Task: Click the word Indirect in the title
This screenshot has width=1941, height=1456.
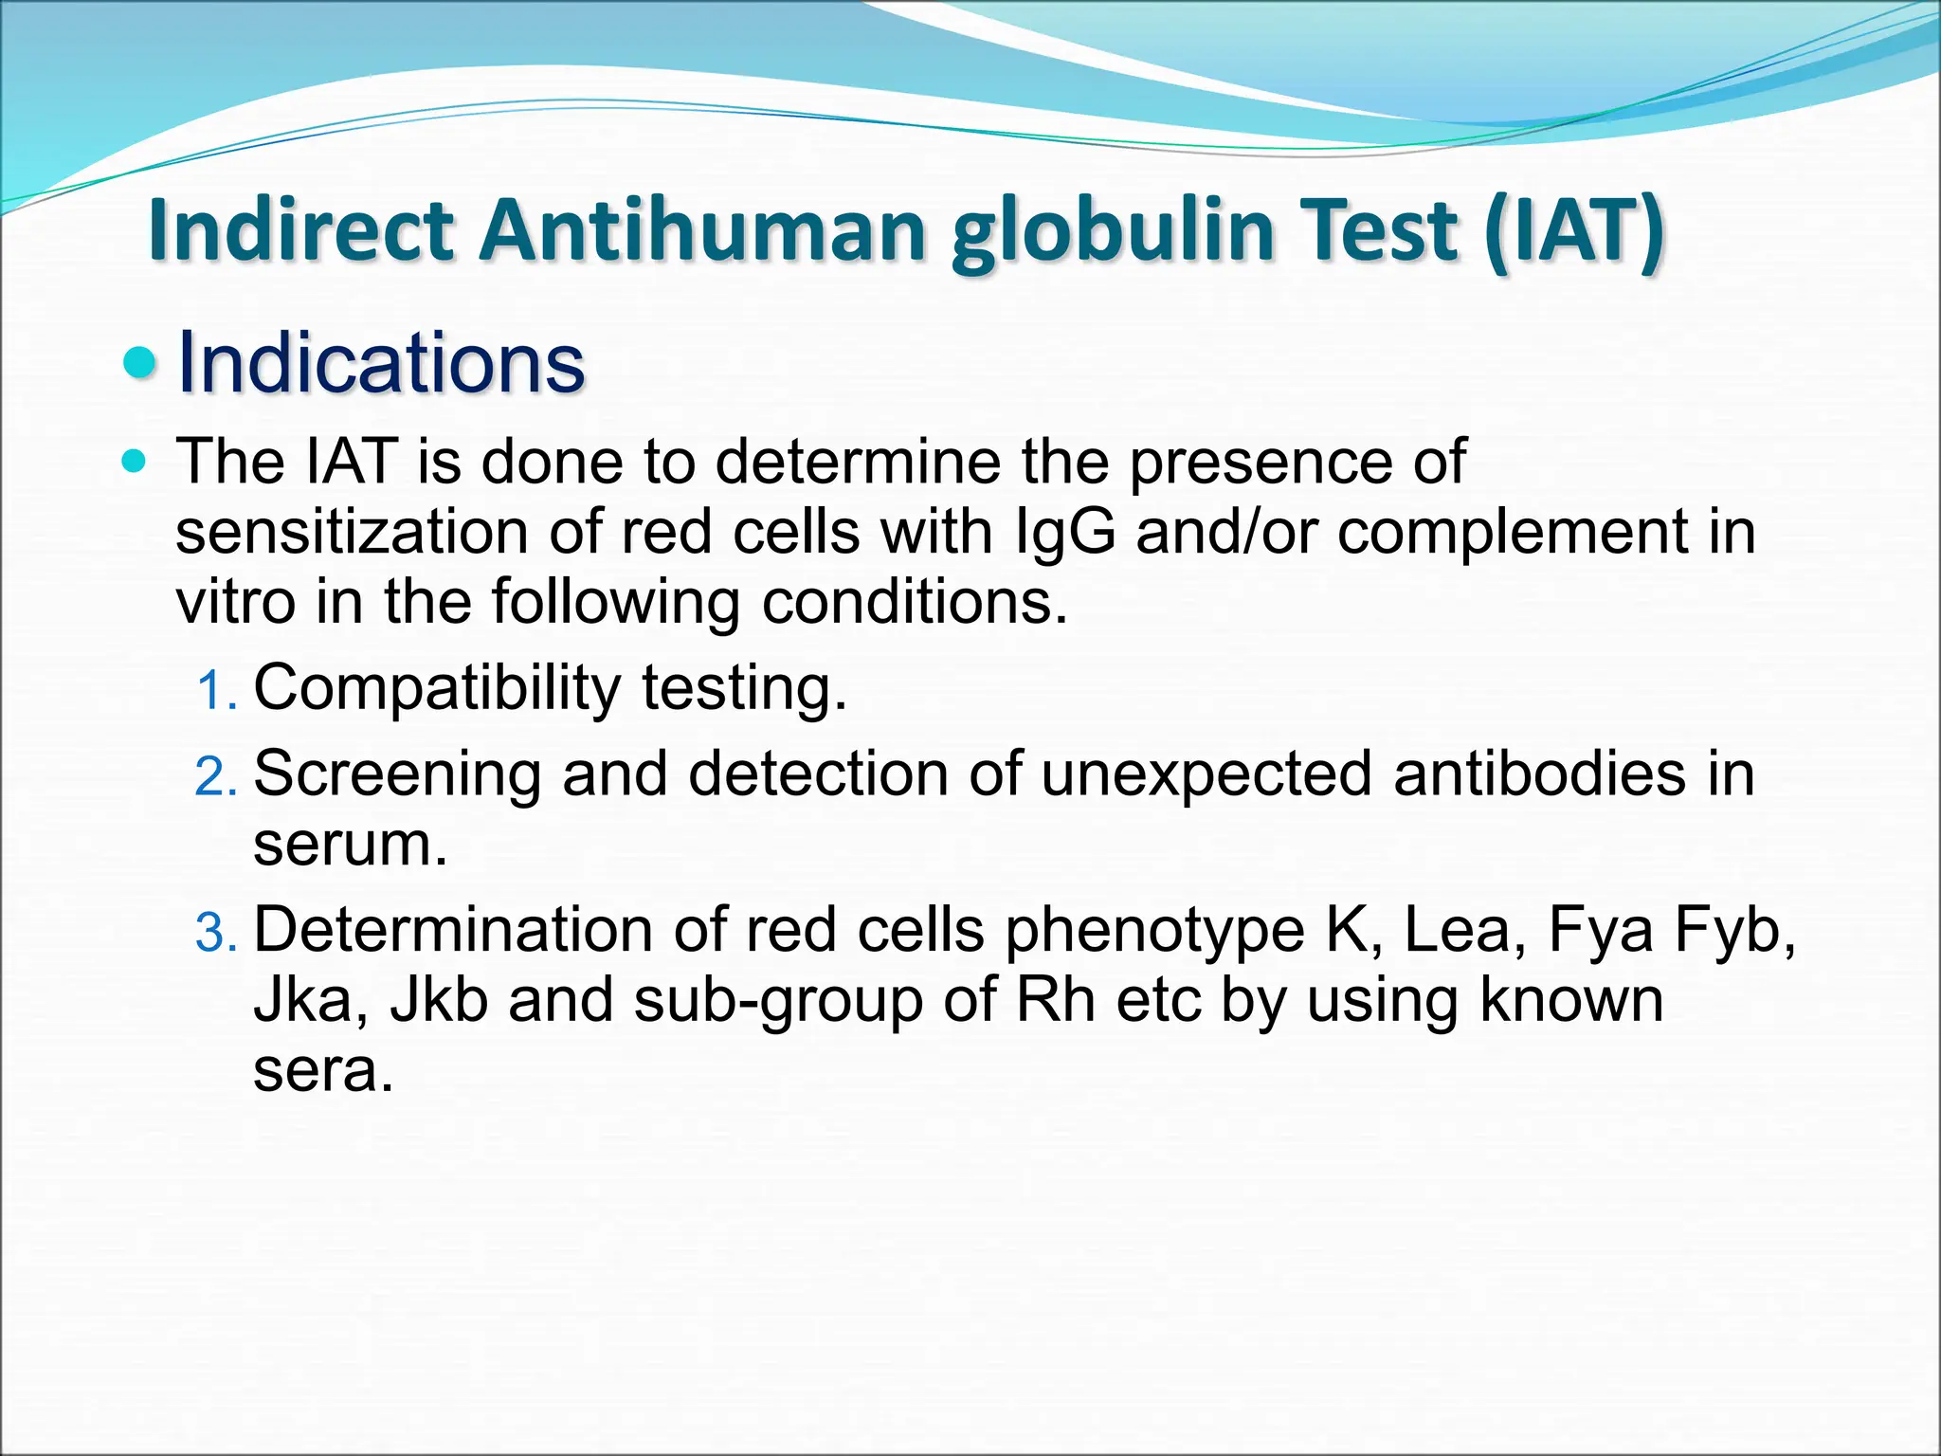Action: (x=300, y=230)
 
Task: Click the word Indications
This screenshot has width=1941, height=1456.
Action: (x=381, y=363)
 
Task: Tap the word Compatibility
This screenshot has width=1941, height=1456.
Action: (x=436, y=688)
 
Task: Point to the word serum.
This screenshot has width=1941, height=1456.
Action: (x=349, y=845)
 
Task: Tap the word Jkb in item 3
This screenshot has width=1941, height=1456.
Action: (x=439, y=1001)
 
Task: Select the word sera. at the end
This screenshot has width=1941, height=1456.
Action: (x=322, y=1071)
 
